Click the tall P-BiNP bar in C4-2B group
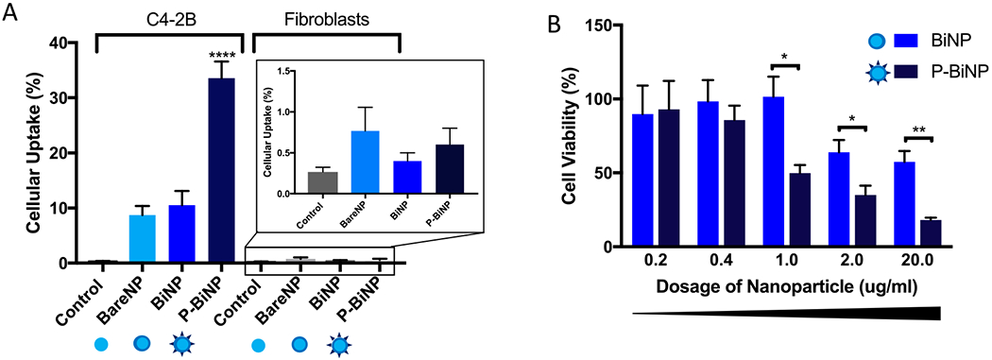click(221, 170)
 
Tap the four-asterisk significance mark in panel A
click(221, 54)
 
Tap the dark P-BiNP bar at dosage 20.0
click(931, 233)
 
